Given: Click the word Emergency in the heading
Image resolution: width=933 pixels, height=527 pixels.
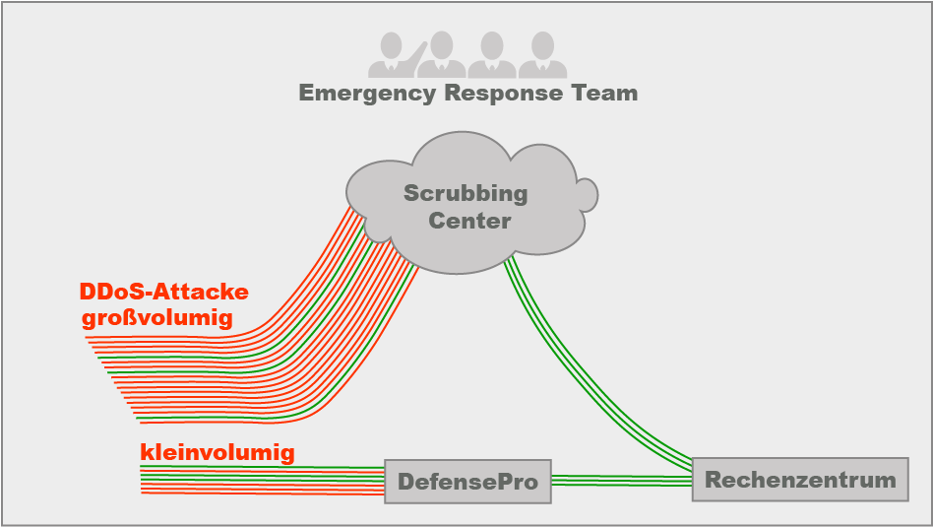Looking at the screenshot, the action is coord(367,94).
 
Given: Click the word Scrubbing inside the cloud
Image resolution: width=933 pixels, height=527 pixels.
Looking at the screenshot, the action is coord(466,194).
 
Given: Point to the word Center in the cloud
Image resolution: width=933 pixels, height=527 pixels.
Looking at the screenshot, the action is coord(469,221).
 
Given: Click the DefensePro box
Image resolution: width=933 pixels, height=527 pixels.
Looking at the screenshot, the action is coord(467,481).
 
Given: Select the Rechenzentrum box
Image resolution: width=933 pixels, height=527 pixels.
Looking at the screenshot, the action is coord(800,480).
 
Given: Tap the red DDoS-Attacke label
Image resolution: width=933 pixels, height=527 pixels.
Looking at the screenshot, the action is coord(163,292).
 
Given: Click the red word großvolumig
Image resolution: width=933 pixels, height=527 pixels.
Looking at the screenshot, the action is coord(157,318).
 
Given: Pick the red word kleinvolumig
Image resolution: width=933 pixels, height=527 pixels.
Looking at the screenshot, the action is coord(218,452).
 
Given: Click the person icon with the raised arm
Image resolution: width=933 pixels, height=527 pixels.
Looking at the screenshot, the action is coord(398,55).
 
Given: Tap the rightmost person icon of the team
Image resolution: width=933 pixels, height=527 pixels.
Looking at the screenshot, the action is coord(542,55).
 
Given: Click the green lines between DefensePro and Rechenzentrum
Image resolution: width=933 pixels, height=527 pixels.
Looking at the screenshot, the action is coord(622,481).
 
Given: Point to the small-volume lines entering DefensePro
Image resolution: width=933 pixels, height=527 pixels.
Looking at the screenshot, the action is coord(263,481).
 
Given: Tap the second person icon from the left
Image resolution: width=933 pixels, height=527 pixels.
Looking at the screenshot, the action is coord(442,55).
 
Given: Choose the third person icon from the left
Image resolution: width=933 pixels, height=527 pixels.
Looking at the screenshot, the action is coord(492,55).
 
